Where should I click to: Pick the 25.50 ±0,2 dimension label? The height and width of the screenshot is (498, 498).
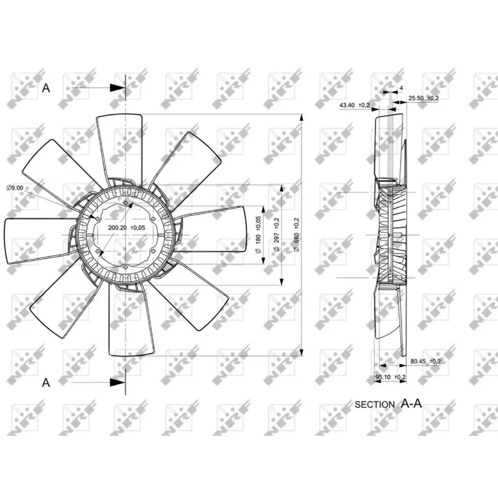[x=424, y=98]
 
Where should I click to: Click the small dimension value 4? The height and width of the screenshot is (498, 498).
[x=402, y=88]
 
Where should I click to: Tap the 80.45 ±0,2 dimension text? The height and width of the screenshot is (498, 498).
[x=426, y=360]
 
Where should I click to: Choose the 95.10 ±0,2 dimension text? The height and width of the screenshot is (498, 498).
[x=390, y=377]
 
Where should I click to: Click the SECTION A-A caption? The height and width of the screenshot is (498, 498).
[x=388, y=403]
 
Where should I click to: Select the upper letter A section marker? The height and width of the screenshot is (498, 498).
[x=45, y=88]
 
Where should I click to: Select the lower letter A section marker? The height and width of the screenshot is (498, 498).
[x=45, y=382]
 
